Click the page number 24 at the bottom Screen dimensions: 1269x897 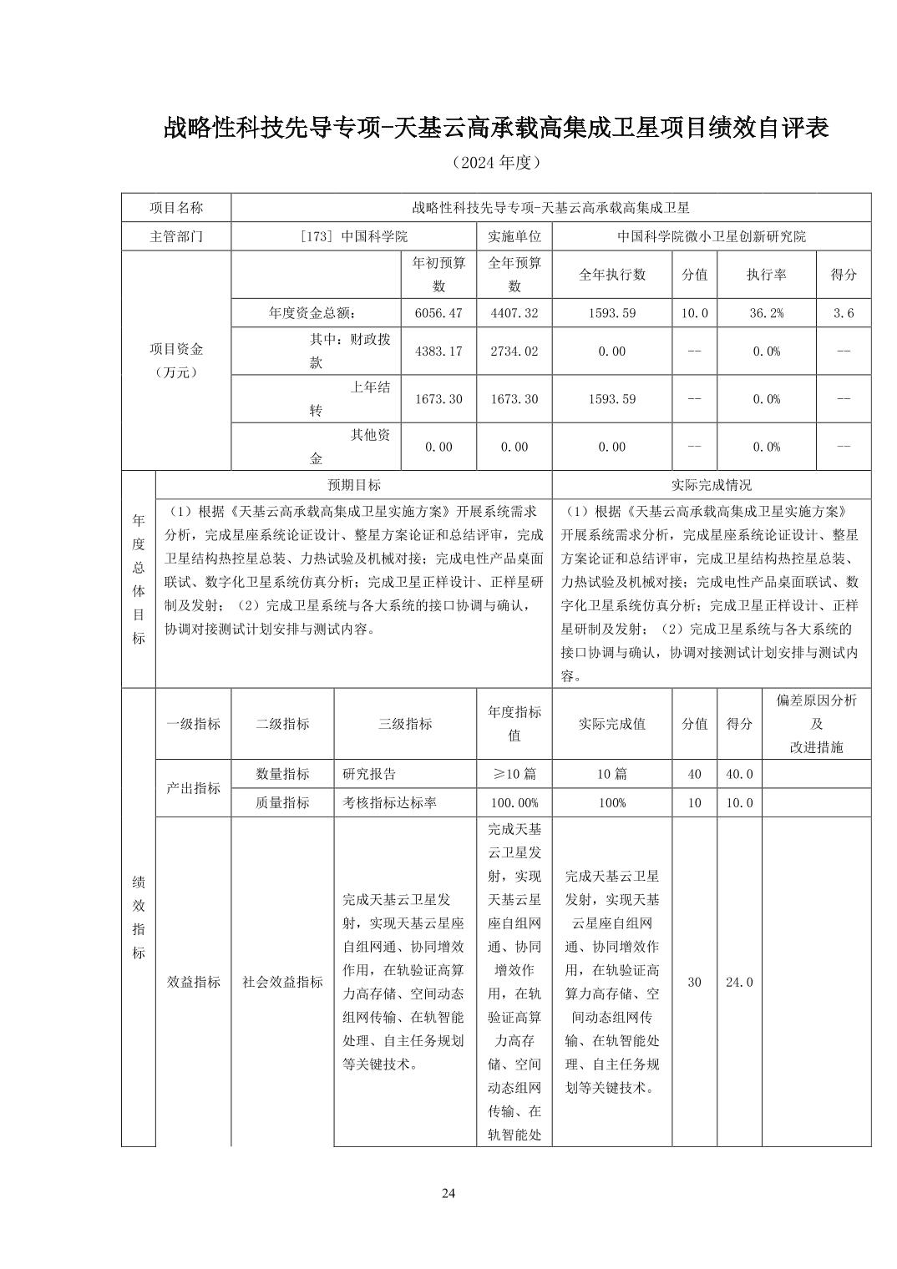point(448,1192)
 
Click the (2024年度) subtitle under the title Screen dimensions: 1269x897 point(496,162)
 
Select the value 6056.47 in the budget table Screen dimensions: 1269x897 point(438,313)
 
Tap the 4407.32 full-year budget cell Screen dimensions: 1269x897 point(514,313)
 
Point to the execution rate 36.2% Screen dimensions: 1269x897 point(766,313)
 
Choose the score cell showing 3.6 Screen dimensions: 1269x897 point(844,313)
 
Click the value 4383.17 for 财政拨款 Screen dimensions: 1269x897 point(438,351)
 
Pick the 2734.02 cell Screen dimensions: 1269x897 point(514,351)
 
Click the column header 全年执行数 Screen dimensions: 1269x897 point(611,275)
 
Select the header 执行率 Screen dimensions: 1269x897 point(766,275)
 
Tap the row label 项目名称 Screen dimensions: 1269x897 point(176,207)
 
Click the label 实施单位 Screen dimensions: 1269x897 point(514,236)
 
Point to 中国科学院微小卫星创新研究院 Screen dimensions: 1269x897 point(712,236)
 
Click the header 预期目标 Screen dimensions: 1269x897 point(353,484)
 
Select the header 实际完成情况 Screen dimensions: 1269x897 point(712,484)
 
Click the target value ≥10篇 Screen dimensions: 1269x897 point(514,774)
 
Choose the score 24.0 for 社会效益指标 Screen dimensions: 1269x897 point(738,982)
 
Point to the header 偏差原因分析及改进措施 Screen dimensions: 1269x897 point(816,723)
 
